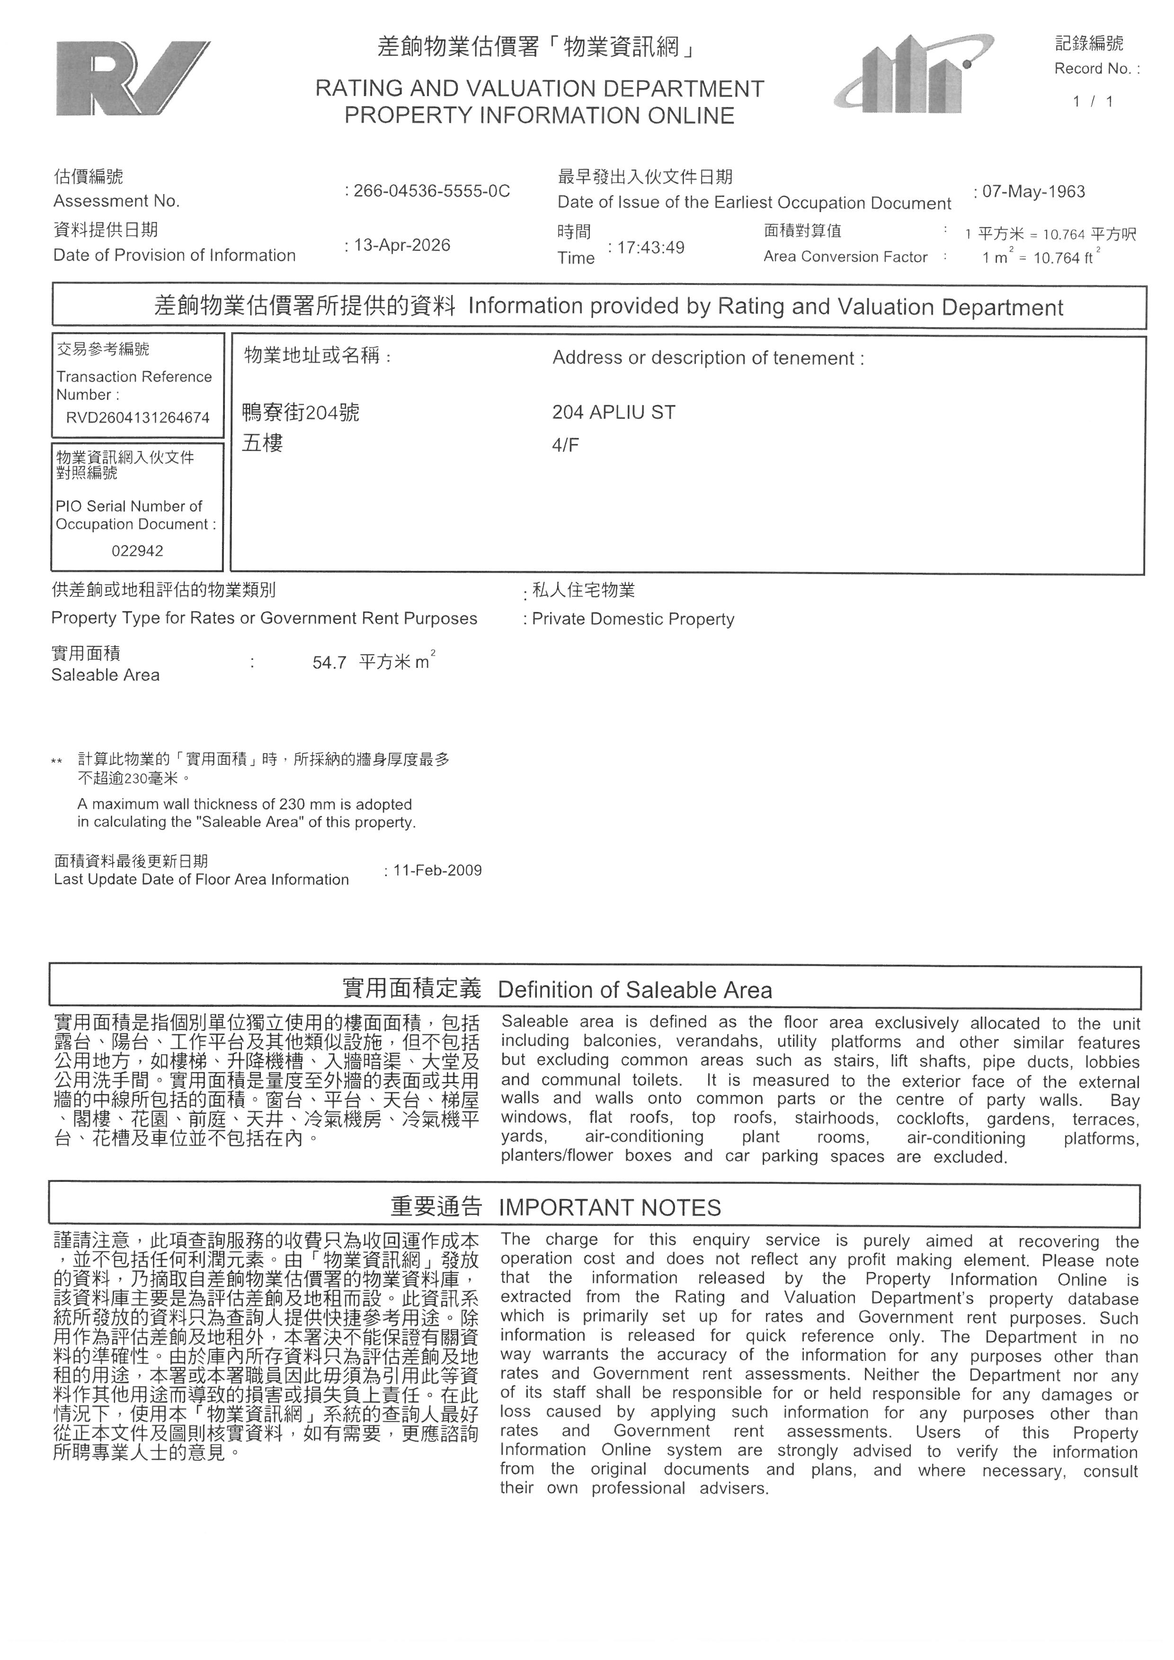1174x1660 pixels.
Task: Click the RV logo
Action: tap(132, 79)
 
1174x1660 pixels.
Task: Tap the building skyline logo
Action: tap(913, 75)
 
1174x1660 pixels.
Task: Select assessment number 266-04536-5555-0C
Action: tap(432, 191)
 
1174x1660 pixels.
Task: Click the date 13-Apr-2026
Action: tap(402, 245)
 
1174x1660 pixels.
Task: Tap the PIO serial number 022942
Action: tap(137, 551)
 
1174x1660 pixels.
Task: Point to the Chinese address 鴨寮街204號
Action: tap(301, 413)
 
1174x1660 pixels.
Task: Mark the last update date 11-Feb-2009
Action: tap(437, 870)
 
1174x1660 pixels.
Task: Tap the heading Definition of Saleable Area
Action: tap(635, 989)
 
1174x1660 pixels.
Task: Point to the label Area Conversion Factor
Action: tap(845, 257)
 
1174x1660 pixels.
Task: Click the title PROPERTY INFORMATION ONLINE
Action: tap(539, 115)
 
